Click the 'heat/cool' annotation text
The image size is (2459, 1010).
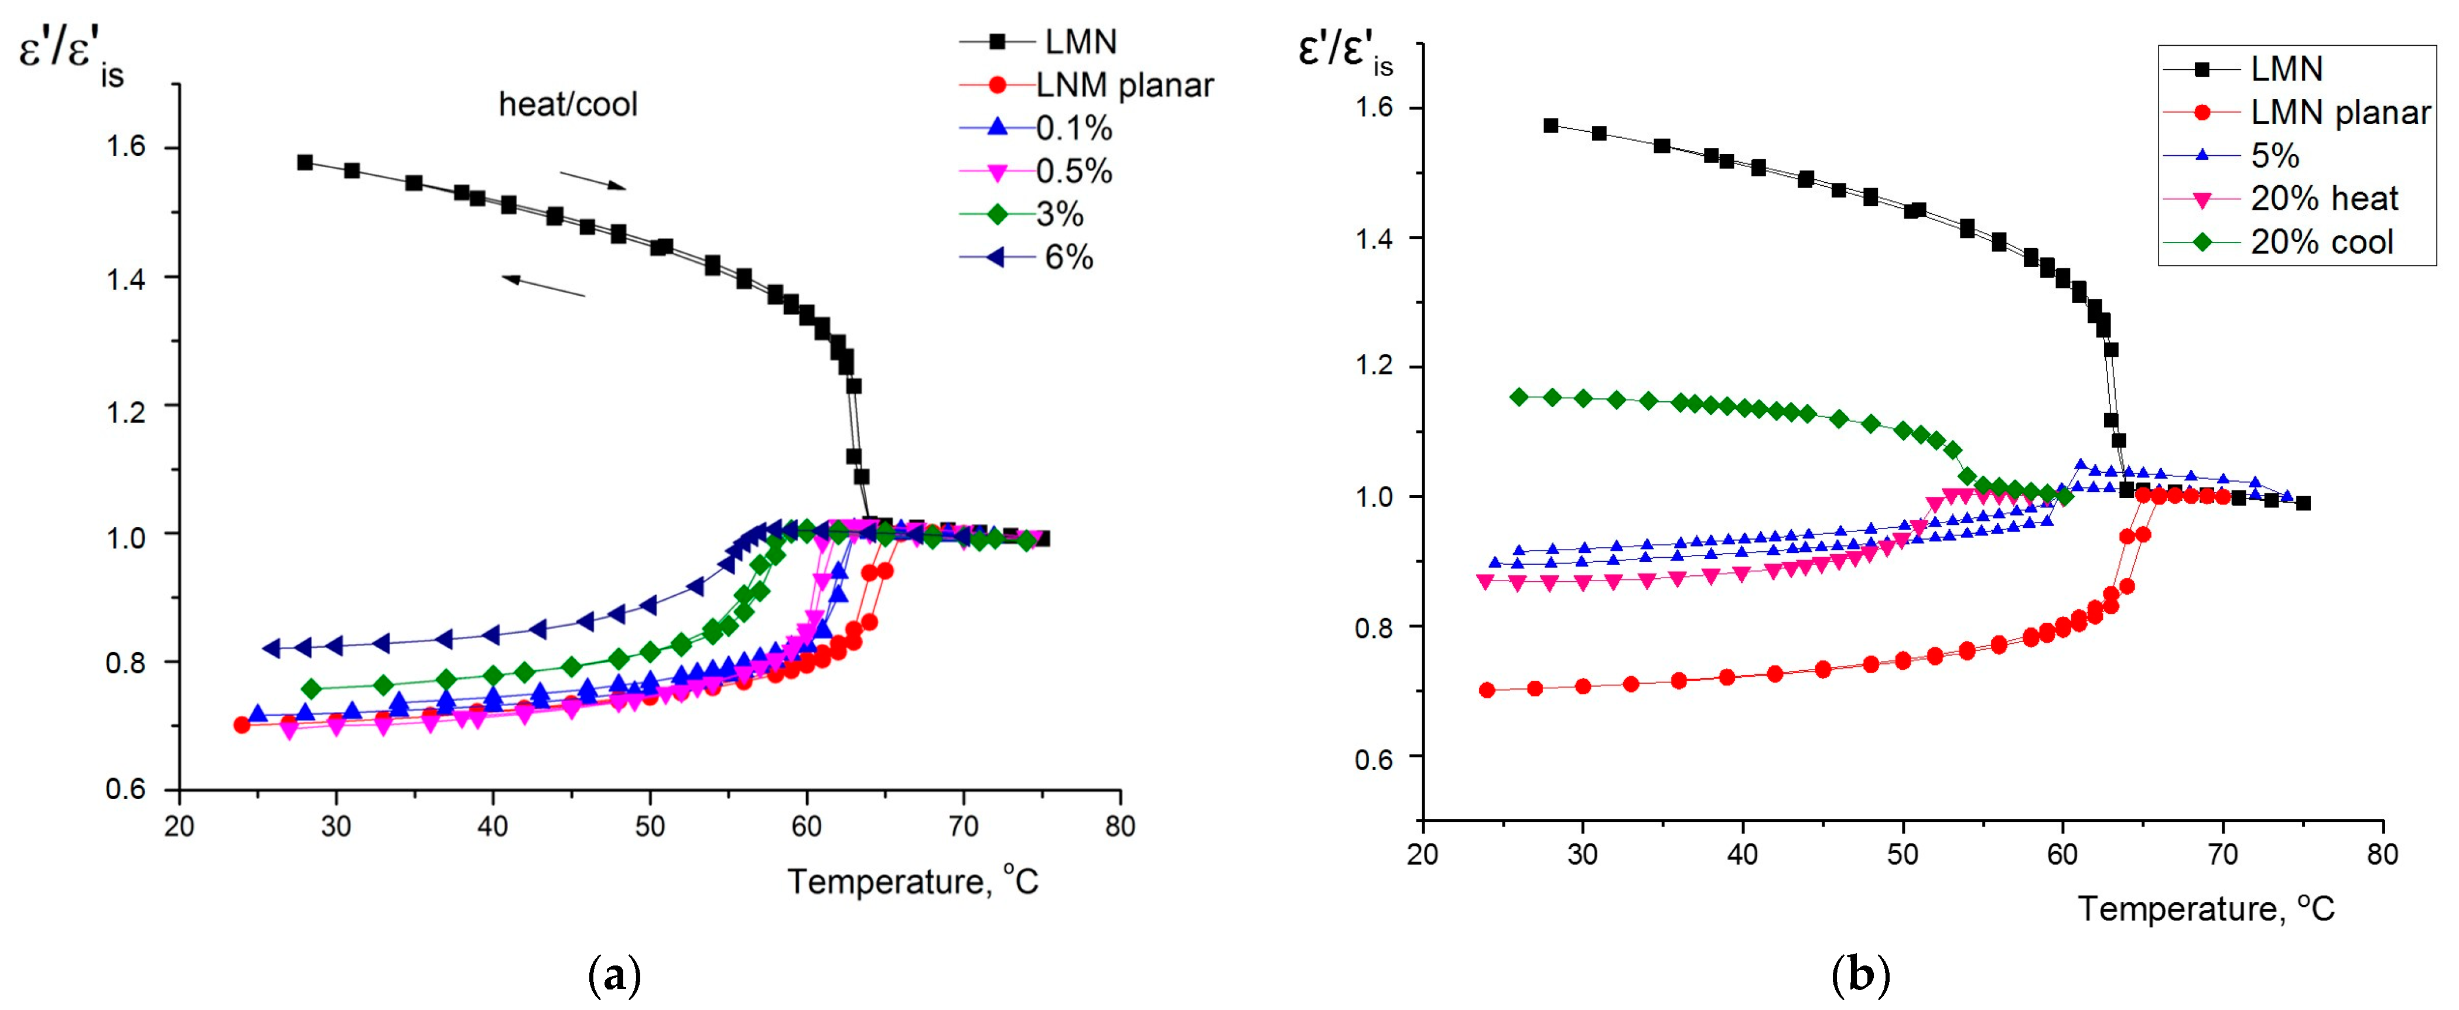(x=568, y=104)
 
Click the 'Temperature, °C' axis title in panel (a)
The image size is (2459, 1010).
(x=911, y=881)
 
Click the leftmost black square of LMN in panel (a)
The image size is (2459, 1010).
(x=305, y=162)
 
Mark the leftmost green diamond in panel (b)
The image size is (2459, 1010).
(x=1519, y=397)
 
